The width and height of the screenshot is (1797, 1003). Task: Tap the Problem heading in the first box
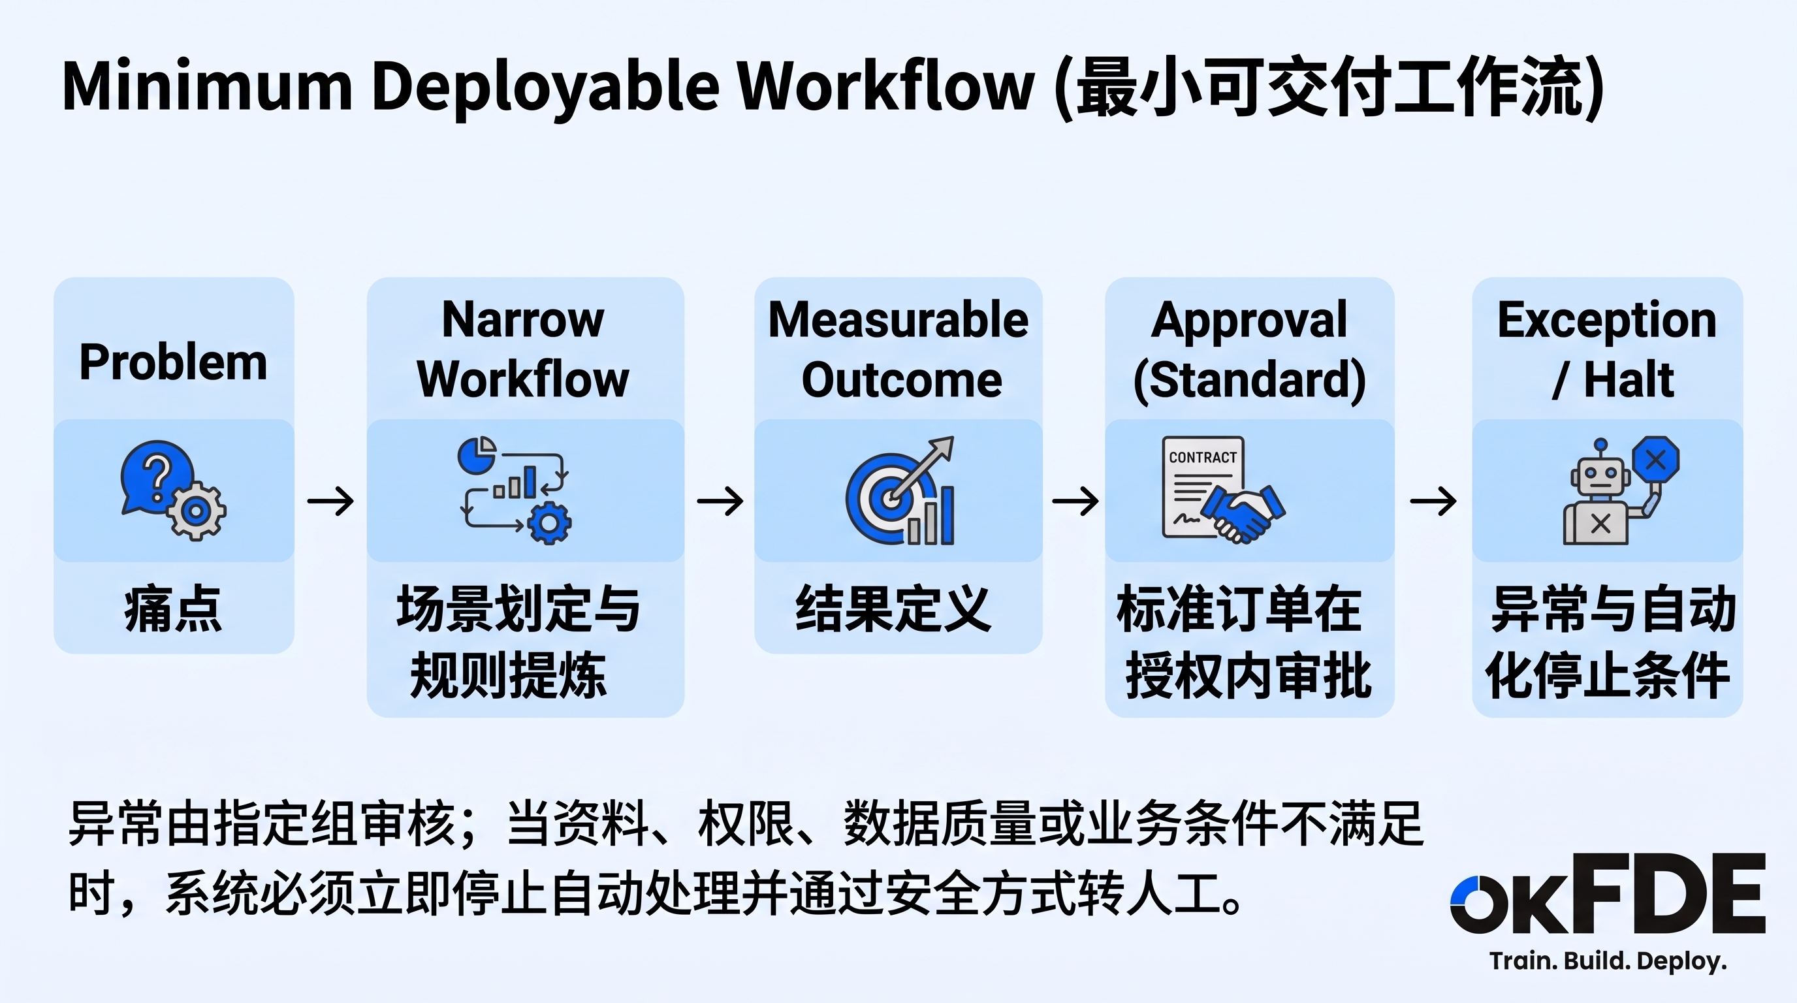173,362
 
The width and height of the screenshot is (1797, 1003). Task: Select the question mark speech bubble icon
156,477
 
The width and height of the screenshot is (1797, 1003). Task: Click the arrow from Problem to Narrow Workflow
330,501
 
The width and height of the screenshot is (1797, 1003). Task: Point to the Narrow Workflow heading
523,349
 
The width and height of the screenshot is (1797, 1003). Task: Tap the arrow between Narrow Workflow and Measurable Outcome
720,501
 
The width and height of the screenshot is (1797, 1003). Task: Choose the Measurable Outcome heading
898,349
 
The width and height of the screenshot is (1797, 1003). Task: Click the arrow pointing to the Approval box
1075,501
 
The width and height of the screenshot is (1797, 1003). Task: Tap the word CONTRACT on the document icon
1203,458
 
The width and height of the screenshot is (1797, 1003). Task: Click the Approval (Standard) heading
1249,351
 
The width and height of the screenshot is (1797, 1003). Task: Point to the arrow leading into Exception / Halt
1433,501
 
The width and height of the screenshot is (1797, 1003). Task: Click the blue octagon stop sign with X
1655,459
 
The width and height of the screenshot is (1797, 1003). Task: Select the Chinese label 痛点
174,609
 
